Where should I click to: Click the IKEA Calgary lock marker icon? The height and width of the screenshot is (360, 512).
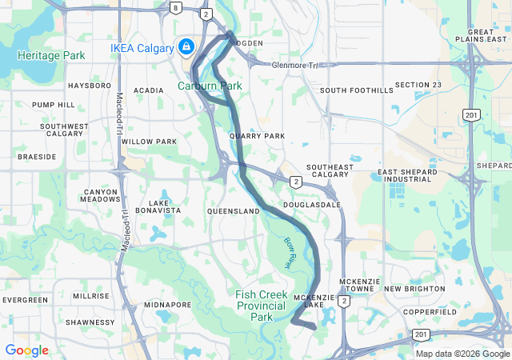(186, 47)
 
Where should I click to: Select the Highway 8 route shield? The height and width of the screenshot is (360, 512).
(174, 7)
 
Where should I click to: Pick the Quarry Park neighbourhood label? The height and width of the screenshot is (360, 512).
(257, 136)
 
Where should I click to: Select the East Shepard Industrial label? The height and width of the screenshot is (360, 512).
(408, 175)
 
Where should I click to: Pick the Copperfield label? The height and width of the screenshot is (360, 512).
(429, 311)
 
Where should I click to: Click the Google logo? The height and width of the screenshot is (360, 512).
(26, 350)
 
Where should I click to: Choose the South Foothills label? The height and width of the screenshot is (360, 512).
(357, 90)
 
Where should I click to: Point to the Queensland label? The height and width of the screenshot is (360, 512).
(234, 210)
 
